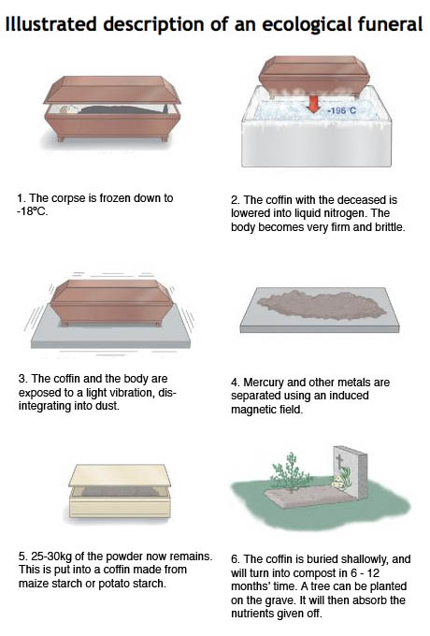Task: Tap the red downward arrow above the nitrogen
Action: (312, 104)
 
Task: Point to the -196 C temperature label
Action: (341, 110)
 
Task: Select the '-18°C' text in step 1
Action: (32, 211)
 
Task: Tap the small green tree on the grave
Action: (290, 472)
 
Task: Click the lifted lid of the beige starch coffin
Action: (119, 475)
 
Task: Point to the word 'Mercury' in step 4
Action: (263, 383)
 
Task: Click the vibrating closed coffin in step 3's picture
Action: (112, 302)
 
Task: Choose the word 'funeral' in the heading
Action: (390, 23)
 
